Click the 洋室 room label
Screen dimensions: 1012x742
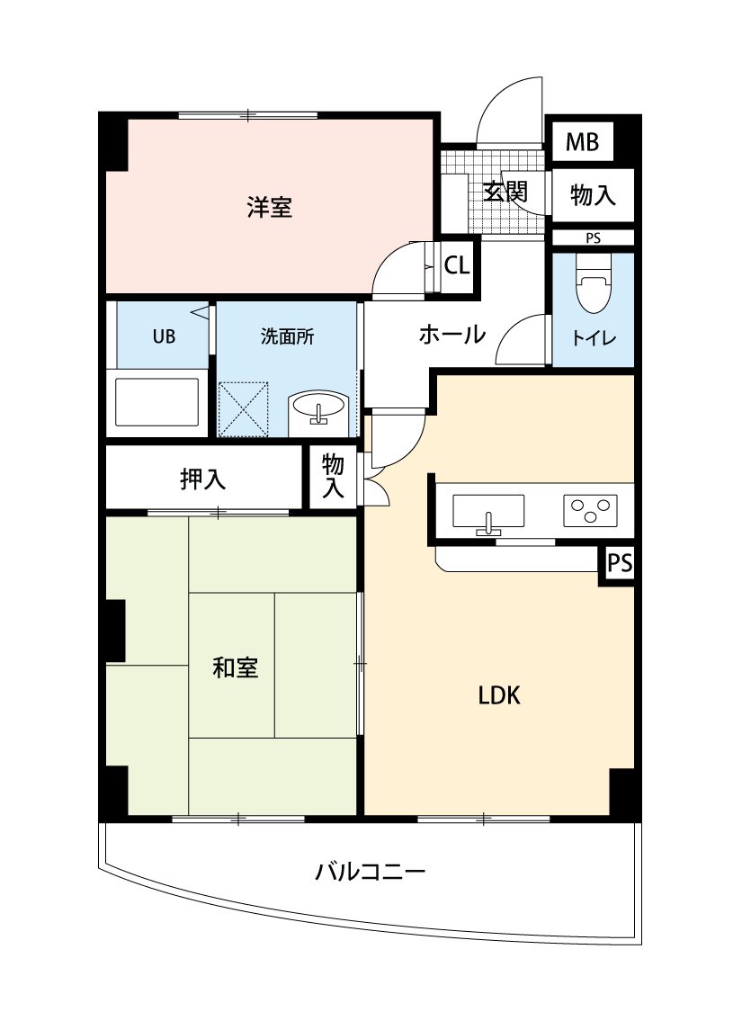270,208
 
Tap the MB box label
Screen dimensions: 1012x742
583,142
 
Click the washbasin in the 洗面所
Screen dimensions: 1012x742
318,409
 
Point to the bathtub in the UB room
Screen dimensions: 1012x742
158,402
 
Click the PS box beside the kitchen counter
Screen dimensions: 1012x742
619,564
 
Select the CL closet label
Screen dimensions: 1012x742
457,266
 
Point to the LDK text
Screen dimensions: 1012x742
499,695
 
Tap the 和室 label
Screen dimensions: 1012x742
235,668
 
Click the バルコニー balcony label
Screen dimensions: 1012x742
370,872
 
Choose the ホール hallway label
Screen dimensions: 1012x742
452,335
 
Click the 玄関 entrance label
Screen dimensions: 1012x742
505,192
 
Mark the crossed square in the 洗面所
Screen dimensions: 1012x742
245,408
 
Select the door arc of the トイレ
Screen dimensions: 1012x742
519,339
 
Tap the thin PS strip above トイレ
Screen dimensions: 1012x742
593,238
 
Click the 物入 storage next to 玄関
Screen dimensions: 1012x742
594,194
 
